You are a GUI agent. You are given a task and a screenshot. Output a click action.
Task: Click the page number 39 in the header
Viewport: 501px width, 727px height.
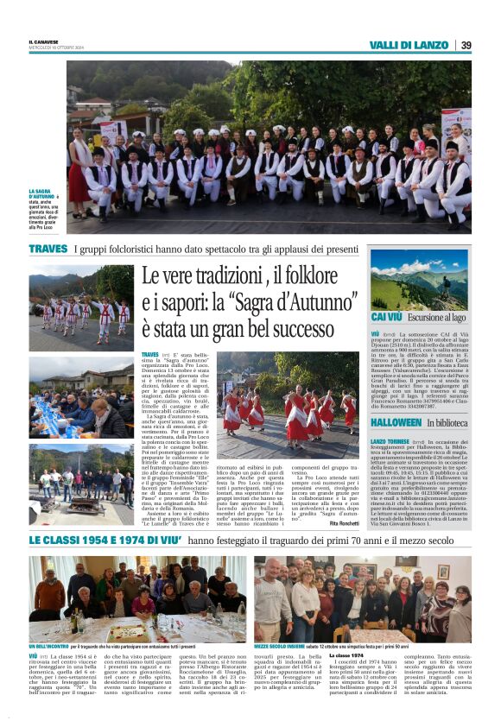(466, 45)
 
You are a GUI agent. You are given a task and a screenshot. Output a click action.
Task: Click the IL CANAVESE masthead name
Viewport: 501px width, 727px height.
(44, 41)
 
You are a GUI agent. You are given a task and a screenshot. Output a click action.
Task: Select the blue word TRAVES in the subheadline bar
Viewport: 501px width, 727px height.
(48, 249)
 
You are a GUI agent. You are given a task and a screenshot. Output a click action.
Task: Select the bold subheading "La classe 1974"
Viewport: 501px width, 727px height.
(346, 656)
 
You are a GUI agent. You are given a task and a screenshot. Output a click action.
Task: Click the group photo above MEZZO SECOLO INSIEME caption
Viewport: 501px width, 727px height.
(362, 597)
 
